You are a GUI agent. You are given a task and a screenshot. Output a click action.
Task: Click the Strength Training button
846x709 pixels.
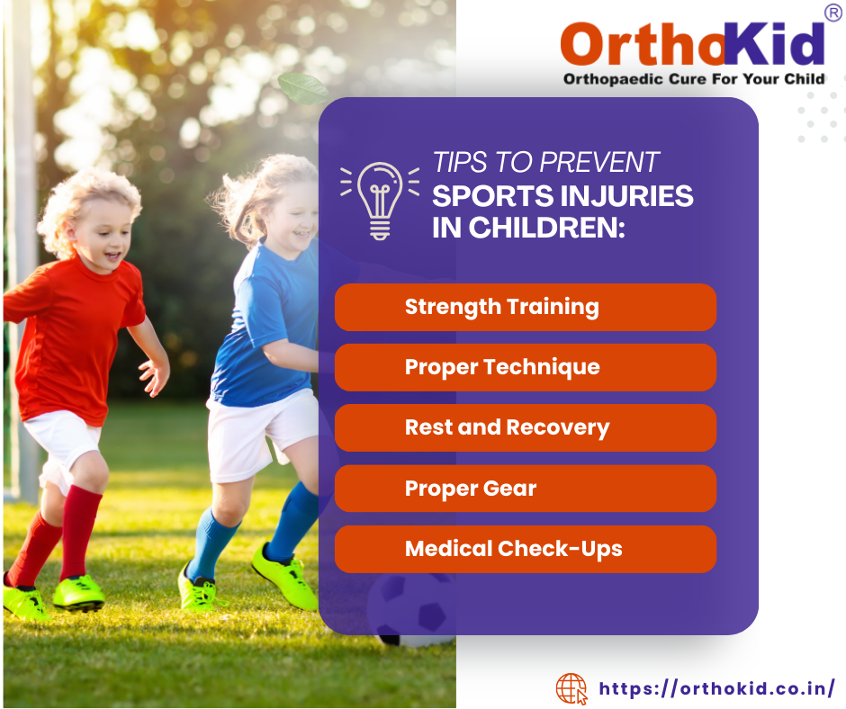pos(525,307)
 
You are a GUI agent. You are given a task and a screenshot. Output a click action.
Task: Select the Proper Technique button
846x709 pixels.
pos(525,367)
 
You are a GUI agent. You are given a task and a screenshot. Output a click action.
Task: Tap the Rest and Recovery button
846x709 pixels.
pos(525,428)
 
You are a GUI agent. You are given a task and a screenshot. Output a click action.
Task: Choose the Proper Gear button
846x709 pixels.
pos(525,489)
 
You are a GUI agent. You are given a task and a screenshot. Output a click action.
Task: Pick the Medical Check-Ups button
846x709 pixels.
pos(525,549)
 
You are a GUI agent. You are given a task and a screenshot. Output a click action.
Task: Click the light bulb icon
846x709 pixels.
pos(380,201)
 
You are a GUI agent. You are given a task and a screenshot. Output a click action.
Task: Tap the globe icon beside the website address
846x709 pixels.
pos(571,689)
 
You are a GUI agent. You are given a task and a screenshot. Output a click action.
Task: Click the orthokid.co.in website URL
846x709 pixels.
pos(717,689)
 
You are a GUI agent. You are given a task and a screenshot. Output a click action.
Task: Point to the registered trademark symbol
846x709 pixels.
pos(833,13)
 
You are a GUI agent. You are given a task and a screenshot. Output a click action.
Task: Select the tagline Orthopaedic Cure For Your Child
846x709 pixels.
pos(694,79)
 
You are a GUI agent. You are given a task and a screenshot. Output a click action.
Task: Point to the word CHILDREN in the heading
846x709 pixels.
pos(546,228)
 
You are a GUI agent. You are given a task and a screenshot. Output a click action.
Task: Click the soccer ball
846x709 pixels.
pos(413,610)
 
